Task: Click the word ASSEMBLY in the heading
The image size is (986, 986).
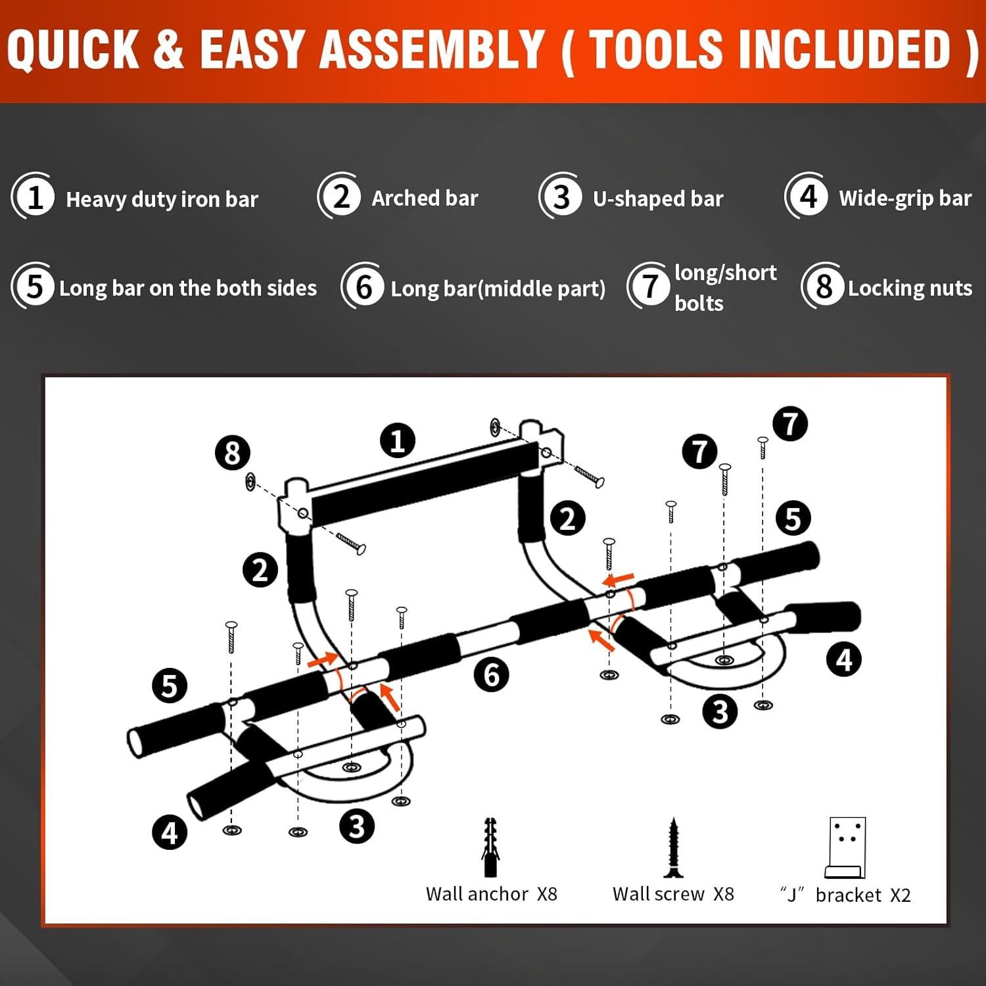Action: [x=431, y=49]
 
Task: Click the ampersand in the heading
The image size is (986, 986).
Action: [x=170, y=49]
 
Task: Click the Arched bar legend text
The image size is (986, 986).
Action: [x=425, y=198]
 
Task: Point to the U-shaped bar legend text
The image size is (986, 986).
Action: [x=657, y=199]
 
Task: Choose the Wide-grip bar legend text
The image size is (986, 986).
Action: [x=905, y=199]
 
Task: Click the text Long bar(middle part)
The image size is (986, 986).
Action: [x=498, y=289]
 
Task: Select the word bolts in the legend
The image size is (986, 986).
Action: [x=699, y=303]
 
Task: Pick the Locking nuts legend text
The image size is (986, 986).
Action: [x=910, y=288]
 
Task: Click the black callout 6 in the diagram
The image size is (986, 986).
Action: [x=492, y=674]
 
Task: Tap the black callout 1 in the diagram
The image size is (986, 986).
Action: [x=398, y=440]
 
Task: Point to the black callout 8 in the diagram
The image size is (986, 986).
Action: [x=232, y=453]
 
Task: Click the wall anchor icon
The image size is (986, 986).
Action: [x=490, y=847]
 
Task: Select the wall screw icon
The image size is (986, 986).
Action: [x=672, y=848]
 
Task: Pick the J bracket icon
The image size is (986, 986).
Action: [x=846, y=848]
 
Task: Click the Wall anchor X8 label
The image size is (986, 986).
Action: [x=491, y=894]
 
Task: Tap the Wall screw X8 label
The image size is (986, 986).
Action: [x=673, y=894]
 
